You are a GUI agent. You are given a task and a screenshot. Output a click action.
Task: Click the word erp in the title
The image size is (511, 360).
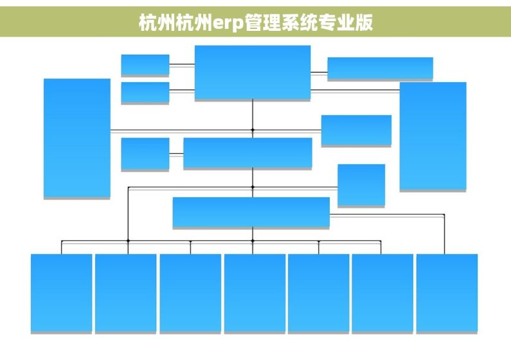[x=228, y=22]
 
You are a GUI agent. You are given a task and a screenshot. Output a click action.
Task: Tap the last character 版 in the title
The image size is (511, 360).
[x=364, y=22]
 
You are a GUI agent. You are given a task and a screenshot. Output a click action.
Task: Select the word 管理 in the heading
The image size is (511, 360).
[x=263, y=22]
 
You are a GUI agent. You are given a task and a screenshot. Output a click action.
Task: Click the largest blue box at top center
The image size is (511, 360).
[x=253, y=73]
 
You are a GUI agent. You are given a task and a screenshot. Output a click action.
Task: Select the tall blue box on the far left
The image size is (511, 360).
[x=77, y=138]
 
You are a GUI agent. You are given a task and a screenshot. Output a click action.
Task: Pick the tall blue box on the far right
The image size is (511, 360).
[x=433, y=136]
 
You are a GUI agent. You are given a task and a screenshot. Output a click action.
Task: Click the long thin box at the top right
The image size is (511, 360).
[x=380, y=68]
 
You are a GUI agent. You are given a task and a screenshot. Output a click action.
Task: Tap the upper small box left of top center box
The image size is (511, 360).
[x=145, y=65]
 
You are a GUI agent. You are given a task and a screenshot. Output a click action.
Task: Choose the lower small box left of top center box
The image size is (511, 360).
[x=145, y=93]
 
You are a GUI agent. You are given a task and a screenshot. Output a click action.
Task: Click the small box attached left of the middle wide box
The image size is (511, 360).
[x=145, y=154]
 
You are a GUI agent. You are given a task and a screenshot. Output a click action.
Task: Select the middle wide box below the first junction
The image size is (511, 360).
[x=247, y=153]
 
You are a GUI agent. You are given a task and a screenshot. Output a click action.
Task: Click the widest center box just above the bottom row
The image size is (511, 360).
[x=251, y=212]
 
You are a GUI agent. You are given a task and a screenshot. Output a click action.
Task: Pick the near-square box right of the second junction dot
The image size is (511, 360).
[x=361, y=185]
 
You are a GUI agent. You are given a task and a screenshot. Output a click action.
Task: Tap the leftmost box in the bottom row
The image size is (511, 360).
[x=61, y=293]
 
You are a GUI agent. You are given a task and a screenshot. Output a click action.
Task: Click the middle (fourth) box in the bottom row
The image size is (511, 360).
[x=255, y=293]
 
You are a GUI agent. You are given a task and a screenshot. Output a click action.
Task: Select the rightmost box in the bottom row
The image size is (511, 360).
[x=447, y=293]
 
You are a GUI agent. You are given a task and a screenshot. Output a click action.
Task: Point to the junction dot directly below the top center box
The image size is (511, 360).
[x=253, y=130]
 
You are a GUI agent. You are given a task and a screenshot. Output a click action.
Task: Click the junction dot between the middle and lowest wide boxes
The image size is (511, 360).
[x=253, y=187]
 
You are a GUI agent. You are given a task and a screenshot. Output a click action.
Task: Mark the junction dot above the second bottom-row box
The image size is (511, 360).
[x=128, y=241]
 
